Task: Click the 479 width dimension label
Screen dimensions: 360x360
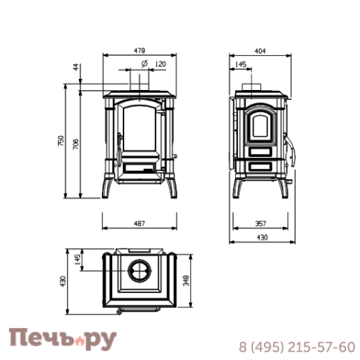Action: [x=139, y=51]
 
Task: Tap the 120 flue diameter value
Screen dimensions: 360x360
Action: [x=161, y=64]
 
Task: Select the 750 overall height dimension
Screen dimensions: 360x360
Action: [x=61, y=141]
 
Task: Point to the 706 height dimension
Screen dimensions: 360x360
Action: [x=76, y=144]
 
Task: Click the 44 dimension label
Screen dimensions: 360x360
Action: [x=76, y=67]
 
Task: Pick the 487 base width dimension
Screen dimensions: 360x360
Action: [x=139, y=224]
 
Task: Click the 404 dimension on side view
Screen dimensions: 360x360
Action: [x=260, y=51]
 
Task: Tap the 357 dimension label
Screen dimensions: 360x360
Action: [x=260, y=224]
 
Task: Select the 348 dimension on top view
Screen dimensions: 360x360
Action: [x=186, y=280]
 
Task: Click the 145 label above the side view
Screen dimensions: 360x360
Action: [x=240, y=64]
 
